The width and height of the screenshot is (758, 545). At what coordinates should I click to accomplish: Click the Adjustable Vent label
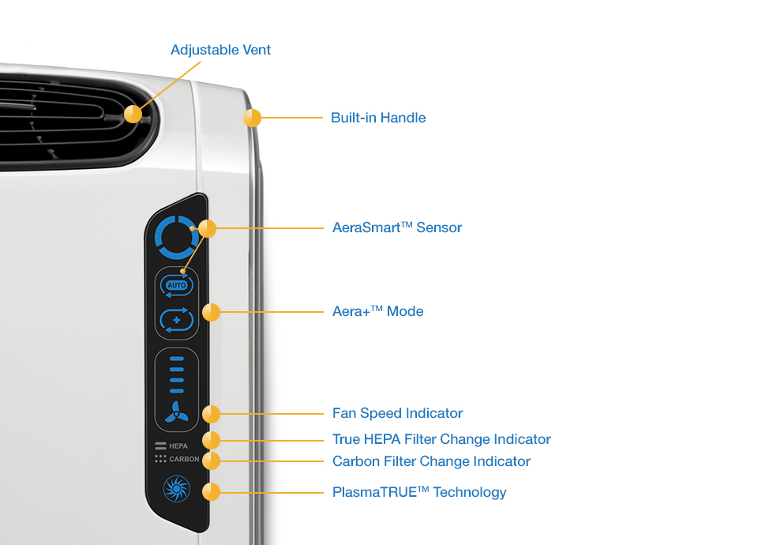220,51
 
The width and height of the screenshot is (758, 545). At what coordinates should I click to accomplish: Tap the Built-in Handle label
378,118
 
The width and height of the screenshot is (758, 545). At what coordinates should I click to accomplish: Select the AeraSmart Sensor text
397,227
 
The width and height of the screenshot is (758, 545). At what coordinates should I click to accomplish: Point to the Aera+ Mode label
377,311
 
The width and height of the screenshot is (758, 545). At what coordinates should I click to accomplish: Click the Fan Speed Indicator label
397,413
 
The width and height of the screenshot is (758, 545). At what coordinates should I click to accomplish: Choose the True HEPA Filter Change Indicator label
441,439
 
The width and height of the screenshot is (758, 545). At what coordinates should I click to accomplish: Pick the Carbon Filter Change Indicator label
431,461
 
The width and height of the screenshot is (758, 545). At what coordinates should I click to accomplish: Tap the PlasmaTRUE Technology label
419,492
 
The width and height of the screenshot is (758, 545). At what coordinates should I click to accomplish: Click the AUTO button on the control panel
176,285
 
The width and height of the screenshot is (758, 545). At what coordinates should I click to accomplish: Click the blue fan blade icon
176,412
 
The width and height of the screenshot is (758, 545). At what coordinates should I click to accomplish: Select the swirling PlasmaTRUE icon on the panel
176,489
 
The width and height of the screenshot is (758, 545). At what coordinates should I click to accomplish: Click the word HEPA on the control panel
178,446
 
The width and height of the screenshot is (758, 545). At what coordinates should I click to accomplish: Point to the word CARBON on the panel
184,459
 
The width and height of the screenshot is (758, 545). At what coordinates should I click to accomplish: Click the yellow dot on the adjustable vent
133,114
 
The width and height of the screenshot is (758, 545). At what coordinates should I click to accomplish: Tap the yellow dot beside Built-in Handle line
252,118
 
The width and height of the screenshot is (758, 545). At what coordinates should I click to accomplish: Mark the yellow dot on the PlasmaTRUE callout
211,492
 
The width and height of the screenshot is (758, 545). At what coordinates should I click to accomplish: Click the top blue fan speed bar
177,359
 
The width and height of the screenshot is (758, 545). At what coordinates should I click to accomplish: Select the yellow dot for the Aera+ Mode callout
211,312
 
